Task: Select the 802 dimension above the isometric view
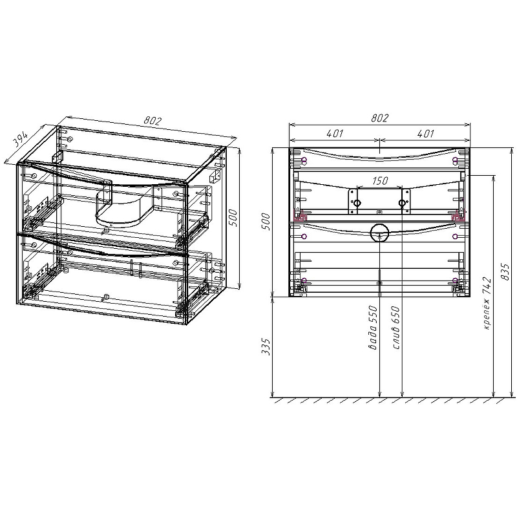point(153,120)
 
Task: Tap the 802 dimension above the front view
point(379,118)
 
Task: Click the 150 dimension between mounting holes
point(380,181)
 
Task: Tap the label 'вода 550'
point(372,328)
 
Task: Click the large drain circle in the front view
point(379,232)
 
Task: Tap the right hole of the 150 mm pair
point(403,204)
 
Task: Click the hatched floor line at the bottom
point(388,401)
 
